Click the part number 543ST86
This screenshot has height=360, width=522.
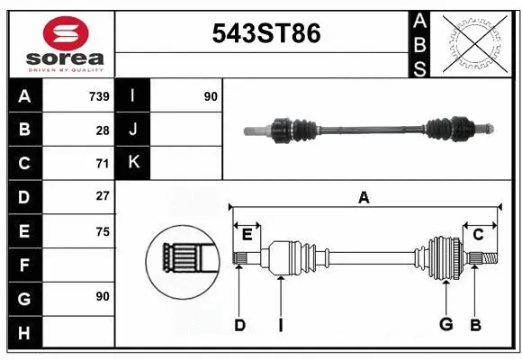tap(265, 34)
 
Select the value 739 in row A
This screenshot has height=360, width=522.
tap(98, 96)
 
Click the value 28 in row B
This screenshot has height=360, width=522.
tap(102, 130)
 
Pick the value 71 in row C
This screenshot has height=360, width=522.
tap(102, 164)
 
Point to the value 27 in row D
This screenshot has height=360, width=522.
tap(102, 196)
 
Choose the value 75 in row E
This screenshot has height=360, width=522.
tap(102, 230)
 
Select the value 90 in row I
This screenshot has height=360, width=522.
tap(211, 96)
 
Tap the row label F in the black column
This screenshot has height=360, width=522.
tap(23, 265)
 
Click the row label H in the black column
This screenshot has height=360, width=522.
tap(23, 332)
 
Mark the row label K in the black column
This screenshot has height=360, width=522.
tap(133, 163)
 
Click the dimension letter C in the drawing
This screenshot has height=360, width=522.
tap(478, 235)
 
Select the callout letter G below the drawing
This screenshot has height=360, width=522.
tap(445, 325)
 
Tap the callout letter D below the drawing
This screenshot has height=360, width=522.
tap(239, 325)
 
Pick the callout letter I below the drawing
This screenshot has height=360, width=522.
tap(280, 325)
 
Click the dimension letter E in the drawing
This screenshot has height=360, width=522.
tap(247, 235)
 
